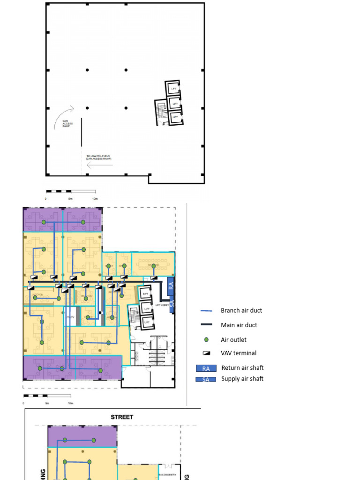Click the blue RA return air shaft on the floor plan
point(171,285)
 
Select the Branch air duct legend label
point(241,310)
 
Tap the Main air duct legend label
point(239,325)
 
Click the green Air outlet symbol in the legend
point(206,339)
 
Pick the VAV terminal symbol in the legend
point(206,353)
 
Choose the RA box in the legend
point(206,368)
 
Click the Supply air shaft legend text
point(242,379)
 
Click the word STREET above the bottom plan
point(122,417)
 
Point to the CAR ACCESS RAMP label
point(68,124)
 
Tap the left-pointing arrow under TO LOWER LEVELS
point(100,165)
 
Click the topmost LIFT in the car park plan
point(174,89)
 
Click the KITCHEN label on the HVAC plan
point(38,295)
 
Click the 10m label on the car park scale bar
point(95,199)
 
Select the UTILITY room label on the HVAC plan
point(70,317)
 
